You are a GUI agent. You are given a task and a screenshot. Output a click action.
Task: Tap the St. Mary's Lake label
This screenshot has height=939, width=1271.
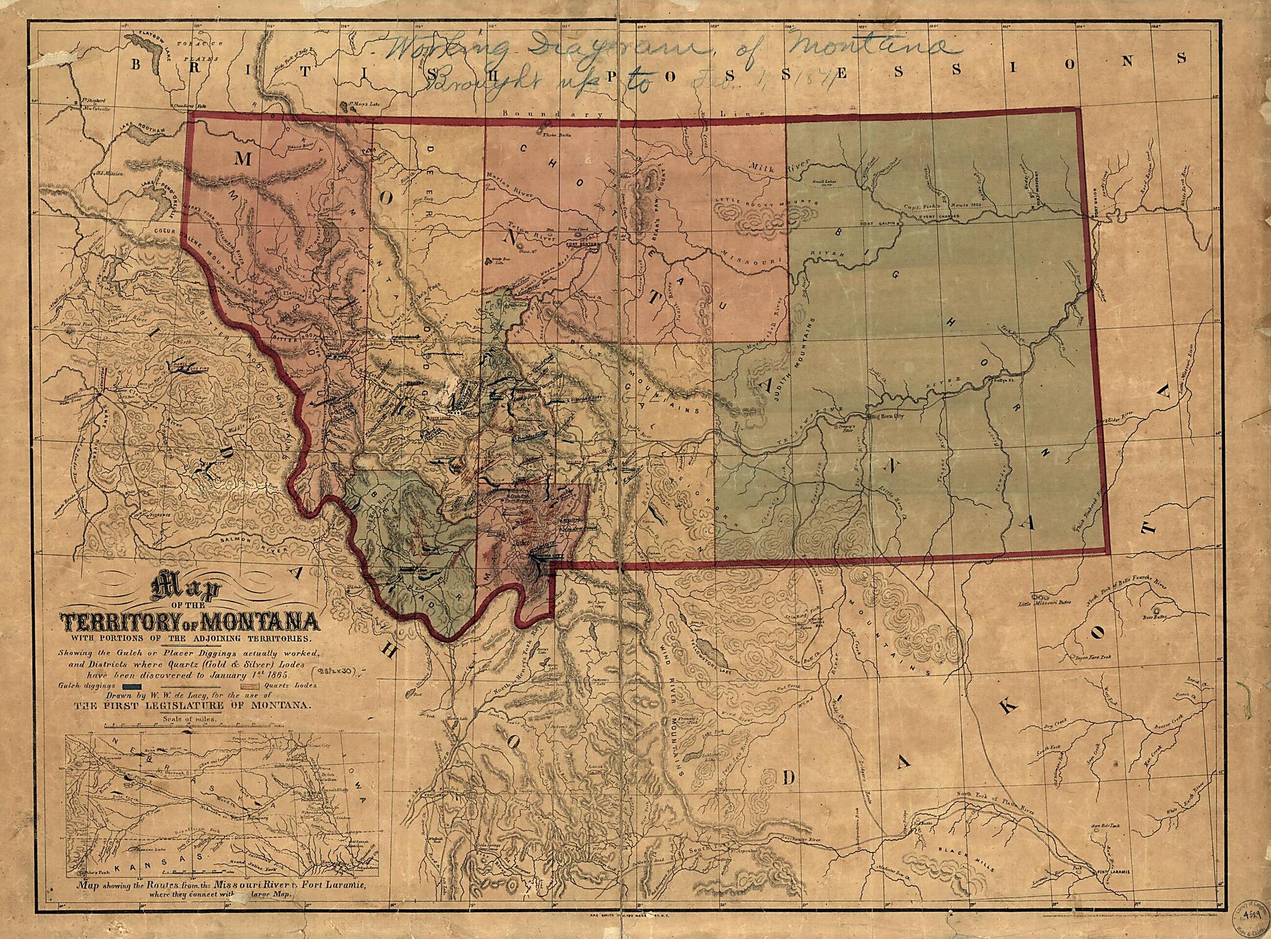363,104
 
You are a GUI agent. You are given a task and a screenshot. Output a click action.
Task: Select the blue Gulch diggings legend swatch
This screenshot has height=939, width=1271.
134,686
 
